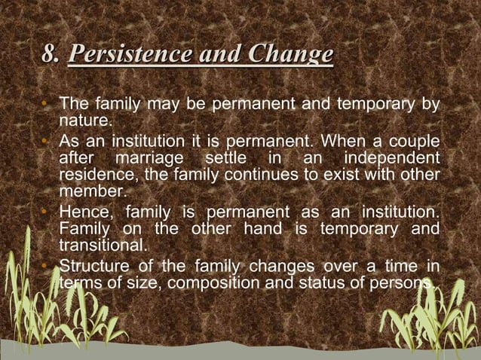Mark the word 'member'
pos(88,193)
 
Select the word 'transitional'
pos(101,246)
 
